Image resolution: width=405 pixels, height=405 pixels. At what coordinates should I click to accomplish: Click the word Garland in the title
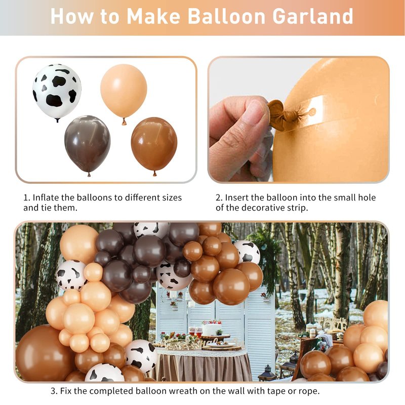[x=312, y=16]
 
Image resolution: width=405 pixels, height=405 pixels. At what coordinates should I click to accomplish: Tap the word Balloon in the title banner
[x=226, y=16]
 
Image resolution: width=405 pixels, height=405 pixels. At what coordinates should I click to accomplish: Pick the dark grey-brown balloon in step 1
[x=88, y=145]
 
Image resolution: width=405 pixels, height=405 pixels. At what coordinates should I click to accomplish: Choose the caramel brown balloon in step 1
[x=154, y=146]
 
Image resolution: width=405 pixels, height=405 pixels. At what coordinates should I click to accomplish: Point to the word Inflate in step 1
[x=46, y=197]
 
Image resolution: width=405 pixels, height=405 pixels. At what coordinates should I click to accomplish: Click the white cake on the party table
[x=212, y=328]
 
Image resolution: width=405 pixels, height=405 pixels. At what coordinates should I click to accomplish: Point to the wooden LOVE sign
[x=333, y=323]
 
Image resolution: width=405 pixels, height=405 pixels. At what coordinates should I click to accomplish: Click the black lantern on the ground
[x=267, y=373]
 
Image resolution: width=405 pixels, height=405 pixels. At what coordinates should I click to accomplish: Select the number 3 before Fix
[x=54, y=391]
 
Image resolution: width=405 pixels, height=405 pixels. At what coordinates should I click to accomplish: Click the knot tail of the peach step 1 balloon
[x=124, y=121]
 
